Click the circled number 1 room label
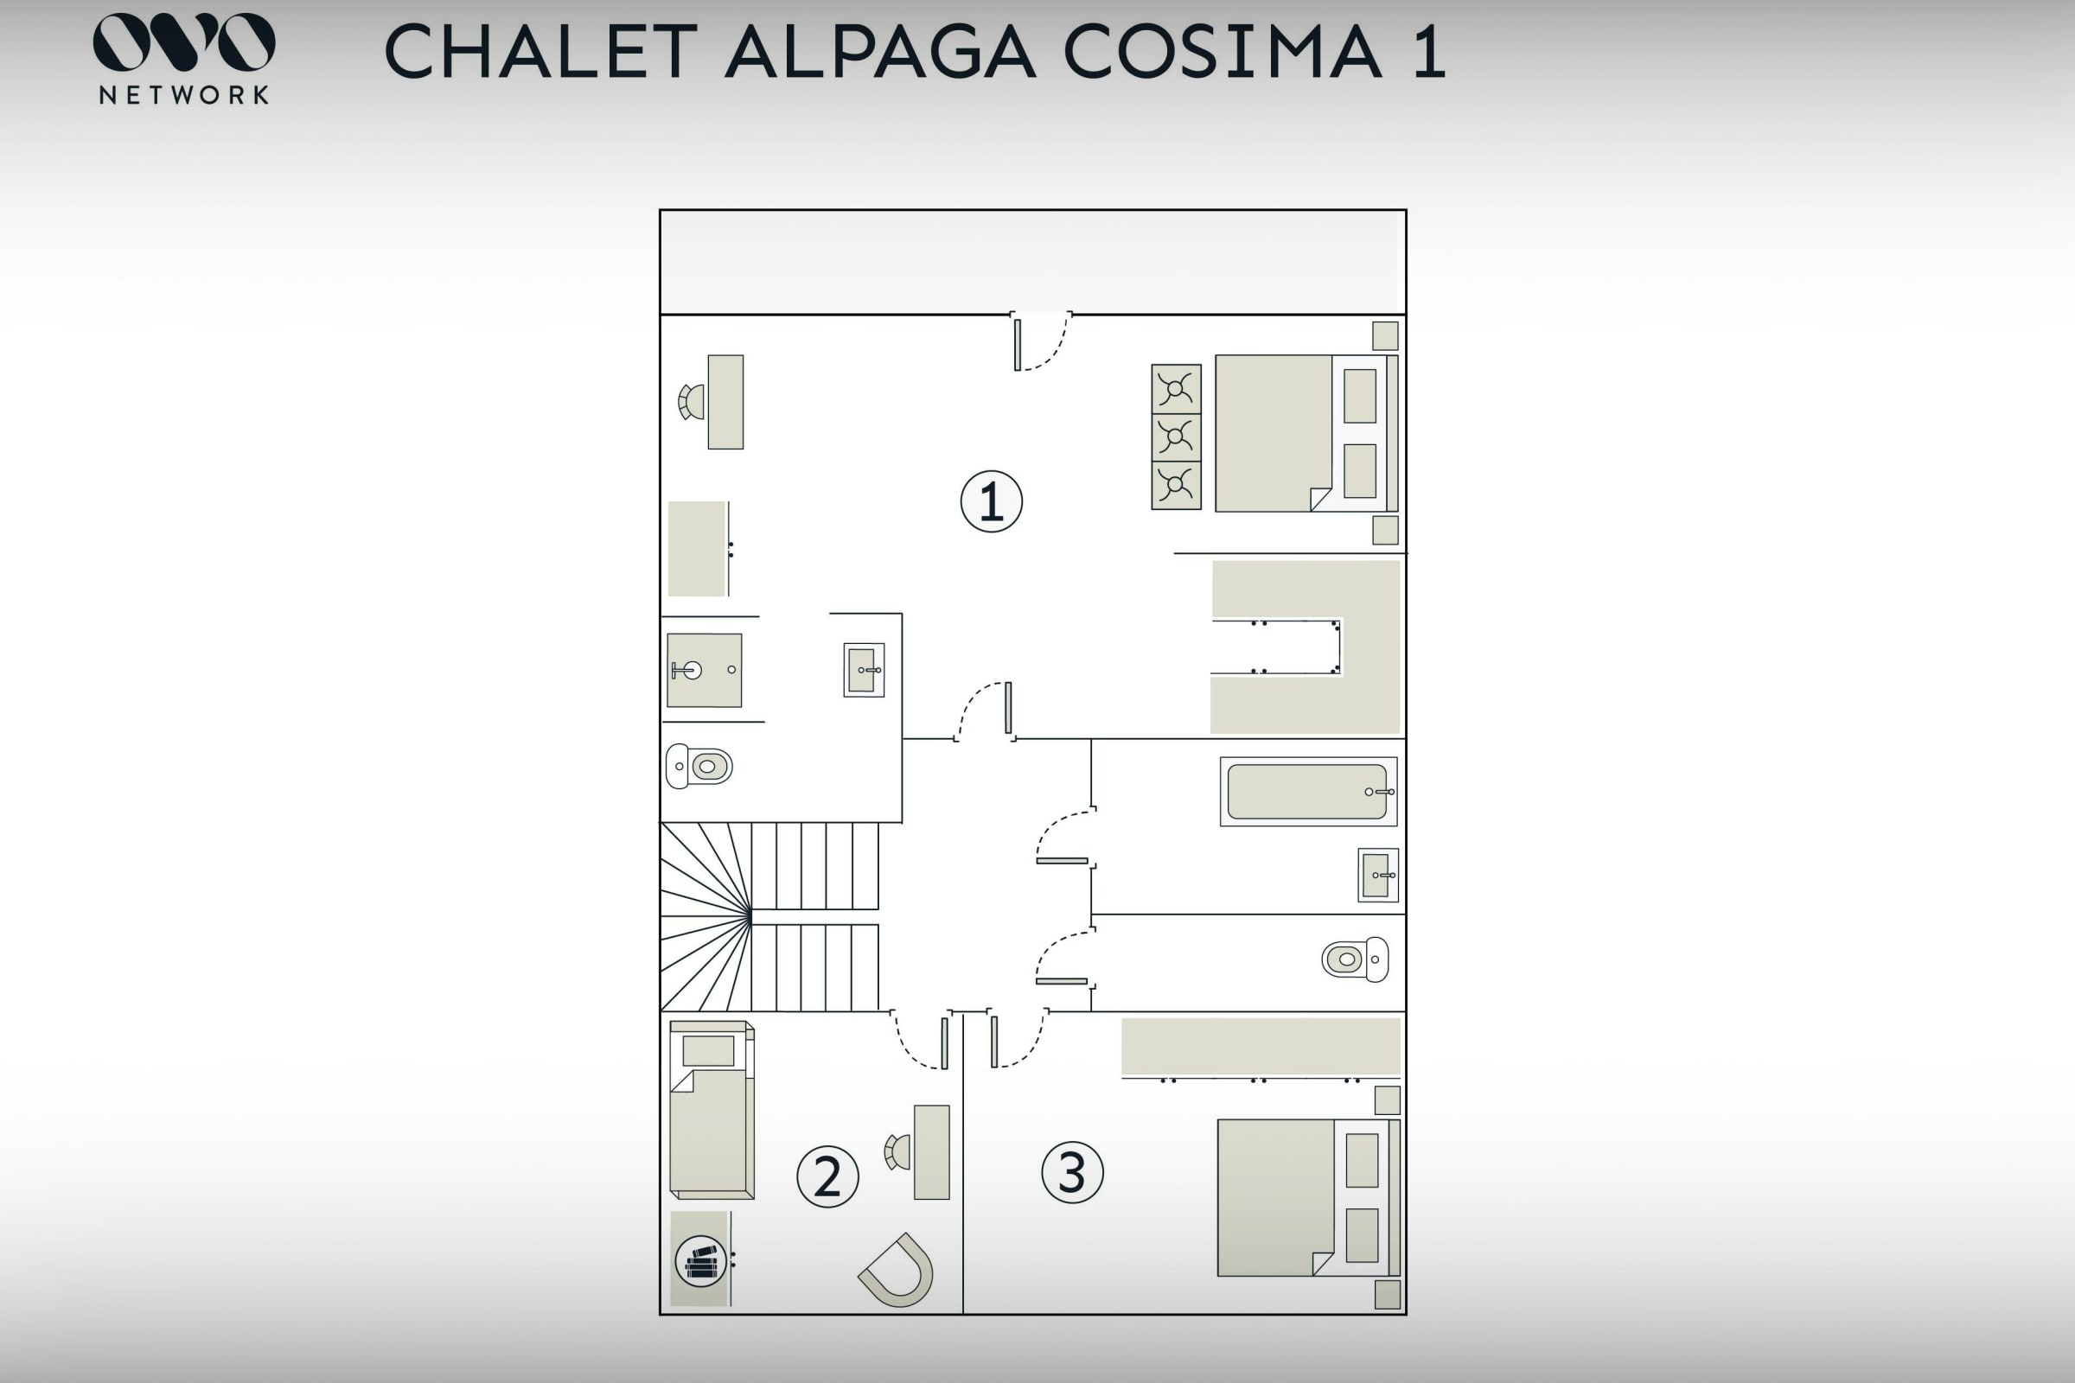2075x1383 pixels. (x=992, y=502)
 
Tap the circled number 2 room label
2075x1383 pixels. (x=827, y=1176)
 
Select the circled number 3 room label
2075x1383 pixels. (x=1072, y=1172)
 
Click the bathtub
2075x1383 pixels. (x=1308, y=791)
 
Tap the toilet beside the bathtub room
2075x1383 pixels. (x=1355, y=959)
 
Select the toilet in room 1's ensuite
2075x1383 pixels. (x=699, y=766)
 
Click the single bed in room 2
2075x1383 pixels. (x=712, y=1110)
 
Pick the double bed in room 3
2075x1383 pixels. (x=1308, y=1198)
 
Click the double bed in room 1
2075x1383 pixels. (x=1306, y=433)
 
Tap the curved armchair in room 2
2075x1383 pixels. (x=897, y=1270)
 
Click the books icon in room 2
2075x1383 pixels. (x=700, y=1261)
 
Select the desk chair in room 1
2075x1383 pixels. (x=692, y=402)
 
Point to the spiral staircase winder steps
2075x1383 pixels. (x=705, y=916)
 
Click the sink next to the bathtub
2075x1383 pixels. (x=1378, y=875)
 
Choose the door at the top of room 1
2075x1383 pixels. (x=1041, y=341)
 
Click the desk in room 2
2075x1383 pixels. (x=932, y=1152)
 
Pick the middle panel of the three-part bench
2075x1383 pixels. (x=1176, y=437)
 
